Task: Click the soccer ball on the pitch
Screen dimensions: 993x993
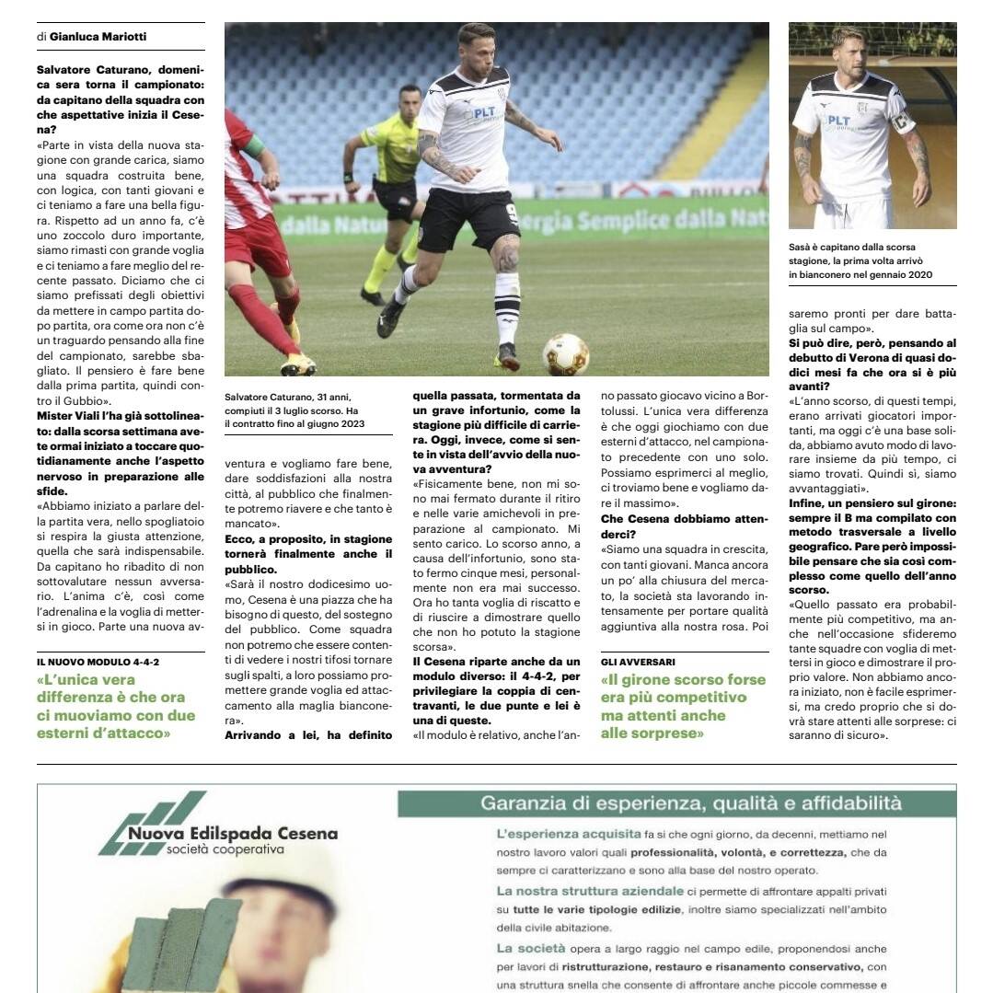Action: [x=566, y=354]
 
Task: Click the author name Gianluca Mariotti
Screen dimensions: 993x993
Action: [x=98, y=37]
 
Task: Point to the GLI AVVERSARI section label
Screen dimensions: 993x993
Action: [x=638, y=662]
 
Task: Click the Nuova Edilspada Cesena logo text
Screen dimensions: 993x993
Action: [x=233, y=834]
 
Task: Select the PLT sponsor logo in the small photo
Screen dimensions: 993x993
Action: [x=838, y=121]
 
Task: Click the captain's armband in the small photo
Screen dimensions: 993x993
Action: [x=900, y=121]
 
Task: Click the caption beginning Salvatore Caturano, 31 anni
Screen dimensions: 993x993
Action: [x=294, y=410]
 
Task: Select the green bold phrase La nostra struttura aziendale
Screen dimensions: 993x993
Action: [x=590, y=891]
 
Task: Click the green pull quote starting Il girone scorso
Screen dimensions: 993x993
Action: [x=683, y=706]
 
